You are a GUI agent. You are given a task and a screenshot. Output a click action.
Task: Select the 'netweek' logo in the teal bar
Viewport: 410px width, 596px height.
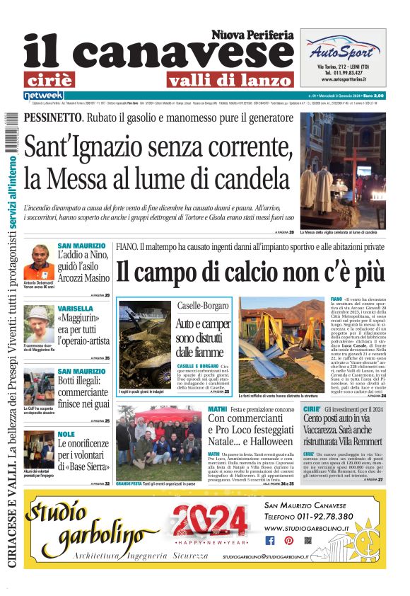pos(43,95)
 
